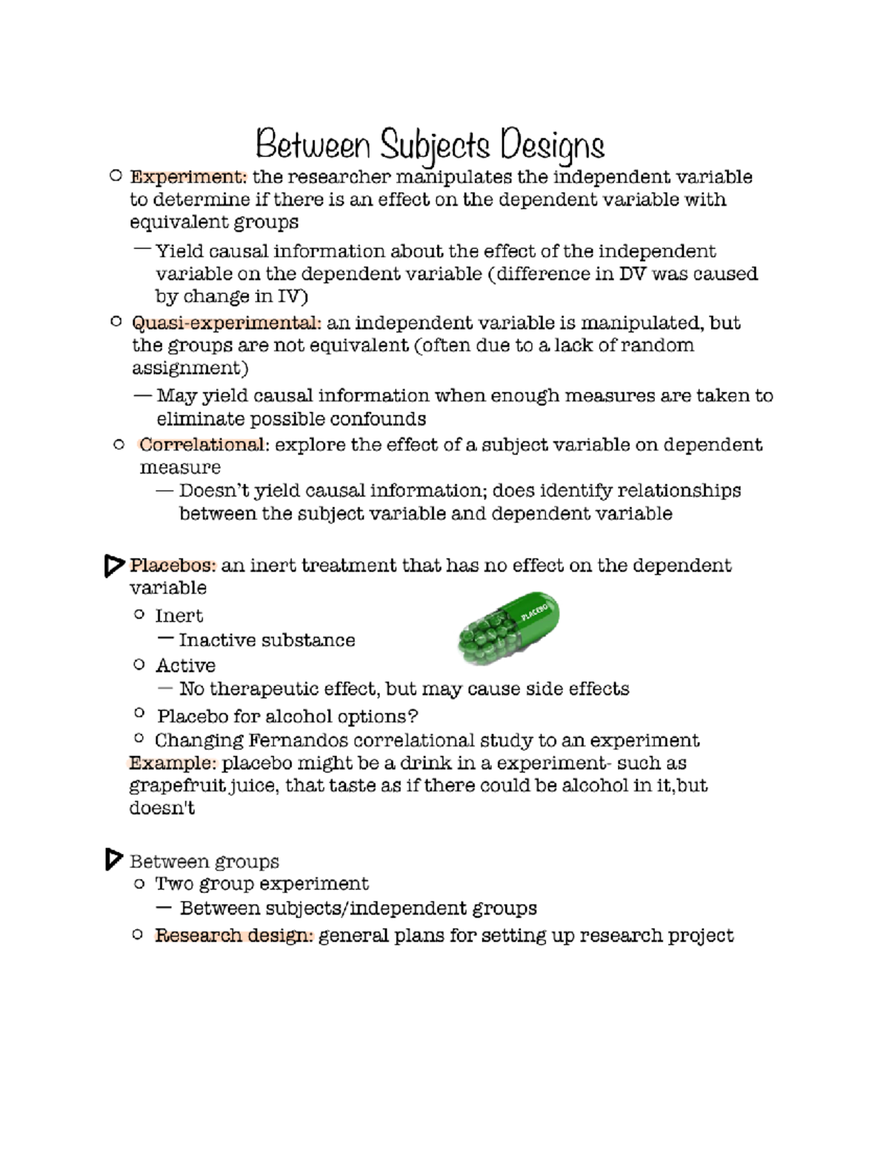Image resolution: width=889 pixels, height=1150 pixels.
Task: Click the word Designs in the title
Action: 552,145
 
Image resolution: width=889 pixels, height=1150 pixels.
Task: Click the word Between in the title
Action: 312,144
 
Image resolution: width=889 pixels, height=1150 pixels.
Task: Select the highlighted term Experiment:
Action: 188,177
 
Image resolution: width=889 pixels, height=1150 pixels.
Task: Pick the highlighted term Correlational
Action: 201,445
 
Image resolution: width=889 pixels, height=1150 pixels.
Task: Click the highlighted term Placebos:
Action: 173,566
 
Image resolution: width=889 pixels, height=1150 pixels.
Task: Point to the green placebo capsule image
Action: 508,628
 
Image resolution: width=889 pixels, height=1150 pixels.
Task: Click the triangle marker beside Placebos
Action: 113,566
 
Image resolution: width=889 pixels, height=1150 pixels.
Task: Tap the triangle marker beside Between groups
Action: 113,860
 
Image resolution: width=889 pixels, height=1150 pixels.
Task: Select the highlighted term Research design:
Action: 234,936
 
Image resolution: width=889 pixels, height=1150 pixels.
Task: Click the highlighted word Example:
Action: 172,763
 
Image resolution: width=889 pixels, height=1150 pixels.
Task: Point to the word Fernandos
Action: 298,741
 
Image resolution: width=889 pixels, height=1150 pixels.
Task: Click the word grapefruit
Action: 177,786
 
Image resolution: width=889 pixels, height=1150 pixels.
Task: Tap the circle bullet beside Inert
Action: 139,615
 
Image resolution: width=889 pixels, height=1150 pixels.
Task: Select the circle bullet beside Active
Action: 139,664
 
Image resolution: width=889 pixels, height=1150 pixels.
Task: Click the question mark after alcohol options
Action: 413,717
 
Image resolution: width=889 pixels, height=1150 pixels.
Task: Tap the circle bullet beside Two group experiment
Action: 139,883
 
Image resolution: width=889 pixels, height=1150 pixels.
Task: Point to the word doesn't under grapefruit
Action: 162,808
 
